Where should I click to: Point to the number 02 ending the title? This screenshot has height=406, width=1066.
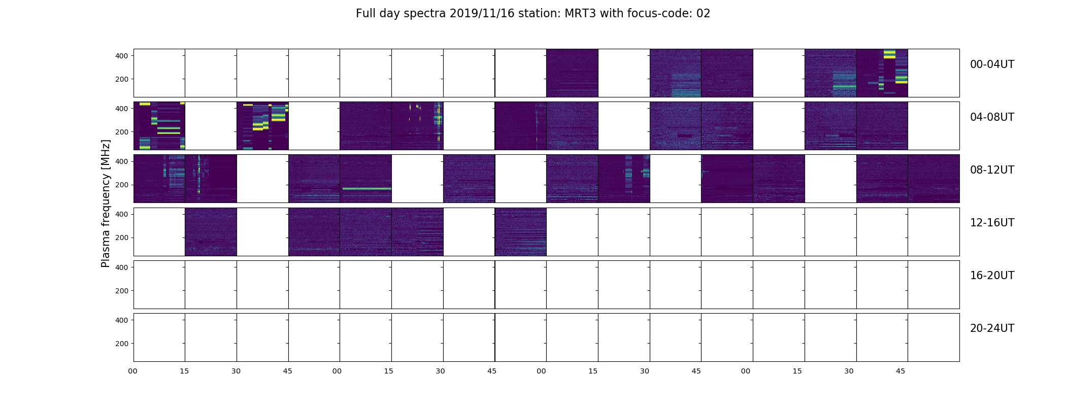704,14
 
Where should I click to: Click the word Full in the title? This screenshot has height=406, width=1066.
365,14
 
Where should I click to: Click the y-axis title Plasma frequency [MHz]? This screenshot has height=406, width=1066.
106,204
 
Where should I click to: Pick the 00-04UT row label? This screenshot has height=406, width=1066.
992,64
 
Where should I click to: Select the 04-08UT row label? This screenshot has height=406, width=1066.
992,117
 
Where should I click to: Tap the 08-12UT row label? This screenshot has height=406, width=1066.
992,170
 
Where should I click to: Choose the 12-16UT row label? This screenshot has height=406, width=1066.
992,223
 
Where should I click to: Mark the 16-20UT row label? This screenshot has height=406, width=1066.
992,276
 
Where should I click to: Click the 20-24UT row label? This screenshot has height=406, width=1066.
992,328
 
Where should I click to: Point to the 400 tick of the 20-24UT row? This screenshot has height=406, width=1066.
122,320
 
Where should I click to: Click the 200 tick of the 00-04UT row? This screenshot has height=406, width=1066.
122,79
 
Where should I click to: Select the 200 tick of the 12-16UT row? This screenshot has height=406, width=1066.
122,238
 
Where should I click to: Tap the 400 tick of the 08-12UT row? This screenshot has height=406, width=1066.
122,161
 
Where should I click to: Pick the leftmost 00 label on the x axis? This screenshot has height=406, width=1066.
133,371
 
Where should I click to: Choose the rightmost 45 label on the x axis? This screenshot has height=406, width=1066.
901,371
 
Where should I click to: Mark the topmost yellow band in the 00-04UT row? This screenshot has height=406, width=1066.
889,52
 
